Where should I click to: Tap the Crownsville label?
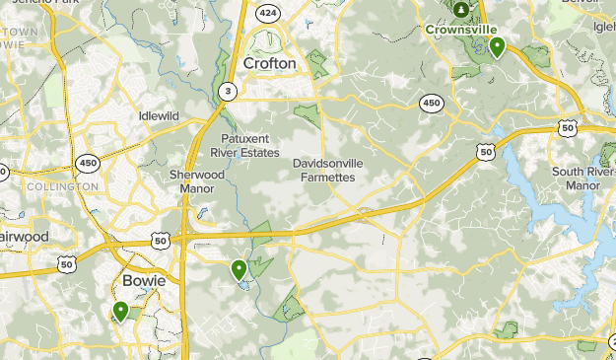click(x=459, y=30)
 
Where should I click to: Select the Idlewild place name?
click(x=159, y=115)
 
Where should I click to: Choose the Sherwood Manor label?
click(x=191, y=181)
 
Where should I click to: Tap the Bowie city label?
click(x=143, y=281)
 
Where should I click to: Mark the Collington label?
click(x=63, y=186)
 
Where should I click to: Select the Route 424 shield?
click(x=266, y=13)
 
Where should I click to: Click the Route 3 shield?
click(x=229, y=92)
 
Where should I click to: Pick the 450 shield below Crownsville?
click(x=431, y=102)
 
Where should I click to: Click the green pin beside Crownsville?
click(x=498, y=45)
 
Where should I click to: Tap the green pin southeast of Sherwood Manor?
click(x=239, y=268)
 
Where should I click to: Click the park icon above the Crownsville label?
click(x=461, y=10)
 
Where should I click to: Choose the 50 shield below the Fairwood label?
click(x=67, y=264)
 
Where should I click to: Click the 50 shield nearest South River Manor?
click(x=566, y=127)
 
